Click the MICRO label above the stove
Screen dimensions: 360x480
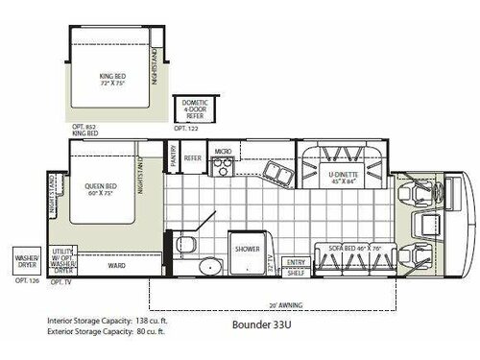(222, 152)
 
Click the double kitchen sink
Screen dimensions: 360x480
(280, 173)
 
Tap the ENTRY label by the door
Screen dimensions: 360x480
(296, 262)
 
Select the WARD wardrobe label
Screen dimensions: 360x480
(116, 266)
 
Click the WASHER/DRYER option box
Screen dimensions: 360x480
(25, 260)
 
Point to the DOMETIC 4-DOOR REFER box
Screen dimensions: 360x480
(189, 109)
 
